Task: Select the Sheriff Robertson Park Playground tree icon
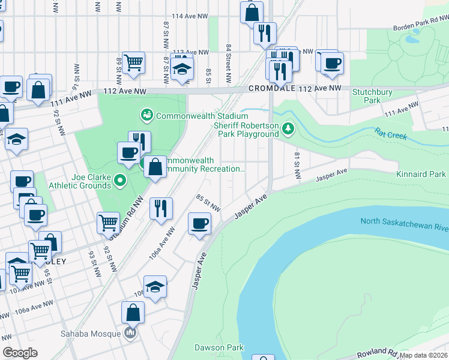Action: pyautogui.click(x=289, y=128)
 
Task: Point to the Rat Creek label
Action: pyautogui.click(x=391, y=133)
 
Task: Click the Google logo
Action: pyautogui.click(x=20, y=353)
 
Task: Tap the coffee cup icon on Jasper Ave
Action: pyautogui.click(x=199, y=224)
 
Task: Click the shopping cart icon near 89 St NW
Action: pyautogui.click(x=134, y=61)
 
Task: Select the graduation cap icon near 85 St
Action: pyautogui.click(x=182, y=68)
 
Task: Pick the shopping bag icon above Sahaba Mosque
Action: pyautogui.click(x=133, y=312)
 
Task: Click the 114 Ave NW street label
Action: pyautogui.click(x=190, y=17)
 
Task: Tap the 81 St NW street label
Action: pyautogui.click(x=297, y=165)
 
